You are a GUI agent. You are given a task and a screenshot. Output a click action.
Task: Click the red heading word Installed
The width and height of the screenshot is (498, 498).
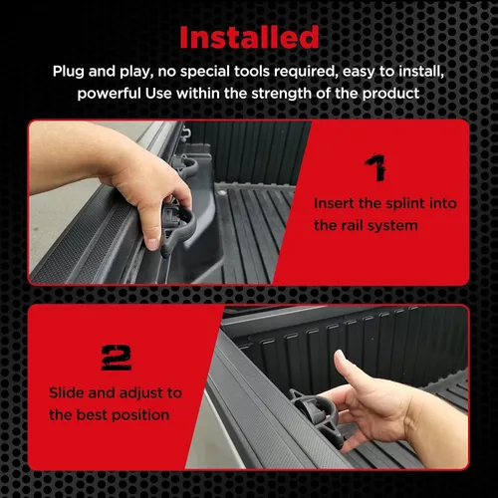[249, 37]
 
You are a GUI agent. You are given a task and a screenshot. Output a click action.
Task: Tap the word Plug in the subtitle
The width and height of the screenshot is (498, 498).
[68, 72]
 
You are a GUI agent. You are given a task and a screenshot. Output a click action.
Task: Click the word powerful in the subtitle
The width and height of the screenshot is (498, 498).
[110, 94]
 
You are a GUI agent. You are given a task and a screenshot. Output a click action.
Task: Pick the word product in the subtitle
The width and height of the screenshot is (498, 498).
[390, 94]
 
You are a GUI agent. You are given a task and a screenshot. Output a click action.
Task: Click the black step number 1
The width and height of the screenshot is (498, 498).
[375, 167]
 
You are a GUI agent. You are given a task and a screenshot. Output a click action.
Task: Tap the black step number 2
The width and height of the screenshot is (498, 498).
[117, 358]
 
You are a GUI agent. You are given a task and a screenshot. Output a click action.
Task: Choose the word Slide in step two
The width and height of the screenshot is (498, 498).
[67, 393]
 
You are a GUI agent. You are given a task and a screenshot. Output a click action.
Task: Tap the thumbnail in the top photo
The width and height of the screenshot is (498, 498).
[152, 244]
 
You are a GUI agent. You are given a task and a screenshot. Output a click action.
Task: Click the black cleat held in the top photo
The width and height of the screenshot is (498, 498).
[176, 229]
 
